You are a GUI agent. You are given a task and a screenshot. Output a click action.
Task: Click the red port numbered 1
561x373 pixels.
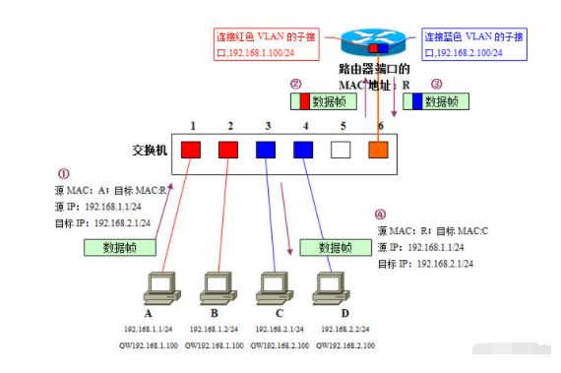[x=192, y=152]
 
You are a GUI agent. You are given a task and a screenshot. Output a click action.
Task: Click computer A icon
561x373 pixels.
[x=159, y=286]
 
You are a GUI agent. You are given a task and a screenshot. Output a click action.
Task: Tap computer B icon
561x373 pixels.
[x=215, y=286]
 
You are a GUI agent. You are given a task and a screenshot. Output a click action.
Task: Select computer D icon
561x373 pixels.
[x=327, y=286]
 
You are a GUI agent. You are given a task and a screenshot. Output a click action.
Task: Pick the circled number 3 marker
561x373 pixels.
[x=436, y=85]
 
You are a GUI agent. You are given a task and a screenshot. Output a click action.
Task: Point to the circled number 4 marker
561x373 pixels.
[x=381, y=213]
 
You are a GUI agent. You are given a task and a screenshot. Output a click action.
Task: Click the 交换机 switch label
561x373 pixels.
[x=150, y=153]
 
